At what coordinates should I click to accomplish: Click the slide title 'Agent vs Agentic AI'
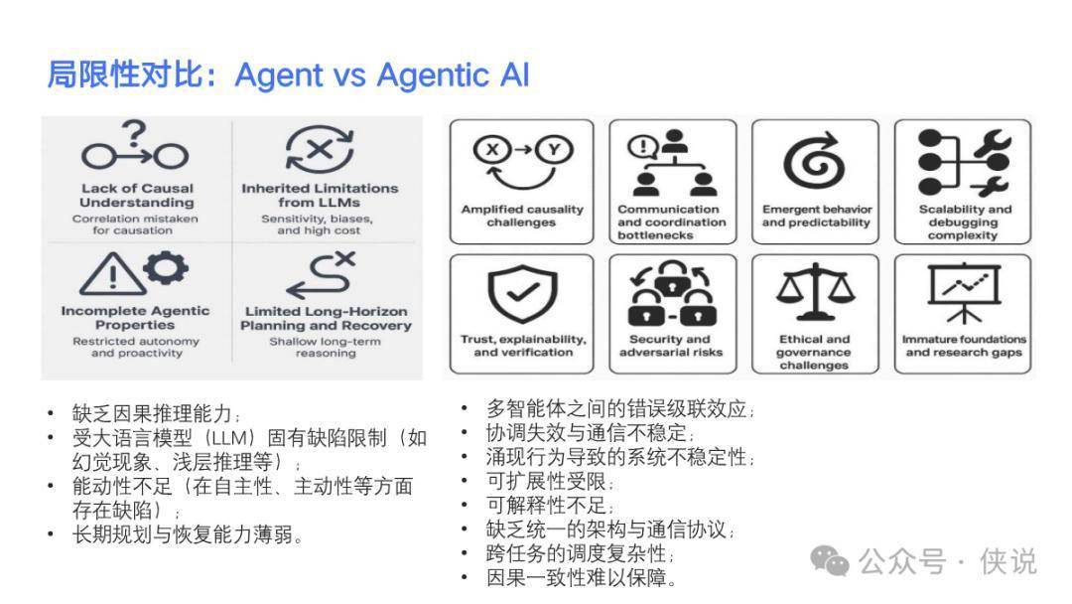coord(381,75)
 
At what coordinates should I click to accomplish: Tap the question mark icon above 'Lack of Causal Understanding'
coord(135,132)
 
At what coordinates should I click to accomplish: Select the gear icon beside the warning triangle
coord(166,267)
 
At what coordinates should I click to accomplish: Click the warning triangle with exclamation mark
coord(111,273)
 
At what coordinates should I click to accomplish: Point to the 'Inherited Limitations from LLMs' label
coord(320,195)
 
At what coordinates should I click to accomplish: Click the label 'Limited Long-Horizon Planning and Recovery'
coord(326,318)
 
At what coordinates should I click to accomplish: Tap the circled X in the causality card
coord(492,150)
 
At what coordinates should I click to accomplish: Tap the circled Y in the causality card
coord(554,150)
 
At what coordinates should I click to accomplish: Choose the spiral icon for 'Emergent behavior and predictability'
coord(814,160)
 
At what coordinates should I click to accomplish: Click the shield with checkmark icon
coord(522,293)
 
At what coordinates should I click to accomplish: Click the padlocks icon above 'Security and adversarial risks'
coord(672,293)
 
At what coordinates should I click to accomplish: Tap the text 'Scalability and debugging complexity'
coord(964,223)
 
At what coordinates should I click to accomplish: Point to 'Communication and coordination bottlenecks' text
coord(671,223)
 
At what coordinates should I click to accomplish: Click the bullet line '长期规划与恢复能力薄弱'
coord(188,534)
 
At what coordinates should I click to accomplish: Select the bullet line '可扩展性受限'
coord(550,482)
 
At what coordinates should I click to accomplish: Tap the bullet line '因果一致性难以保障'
coord(582,578)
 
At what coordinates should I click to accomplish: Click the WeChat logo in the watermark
coord(829,561)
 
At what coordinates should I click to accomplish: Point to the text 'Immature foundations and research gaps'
coord(964,346)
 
